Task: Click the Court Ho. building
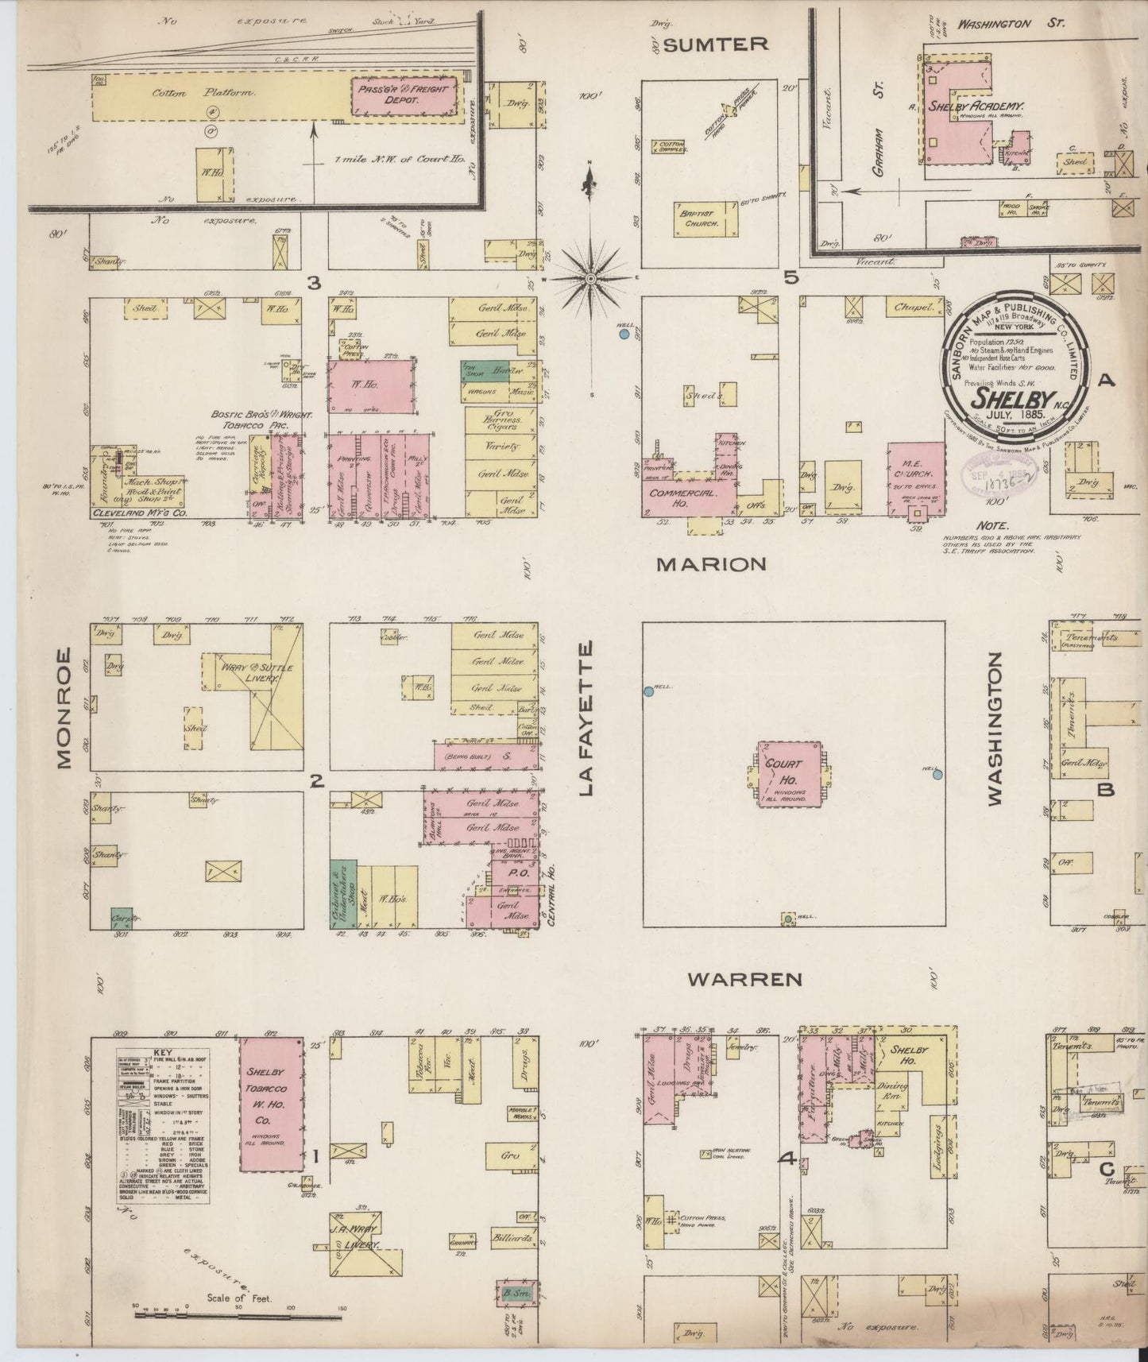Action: click(788, 774)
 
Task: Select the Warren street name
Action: click(744, 979)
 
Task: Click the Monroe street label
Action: click(64, 709)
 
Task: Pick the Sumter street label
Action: click(715, 44)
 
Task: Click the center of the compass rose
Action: click(592, 279)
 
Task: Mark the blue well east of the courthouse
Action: click(937, 775)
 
